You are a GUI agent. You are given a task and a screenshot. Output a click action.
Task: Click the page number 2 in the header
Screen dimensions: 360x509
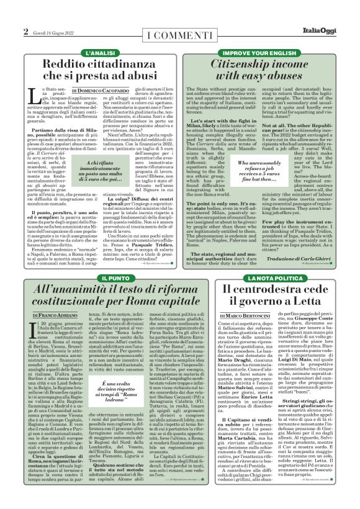(x=25, y=32)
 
